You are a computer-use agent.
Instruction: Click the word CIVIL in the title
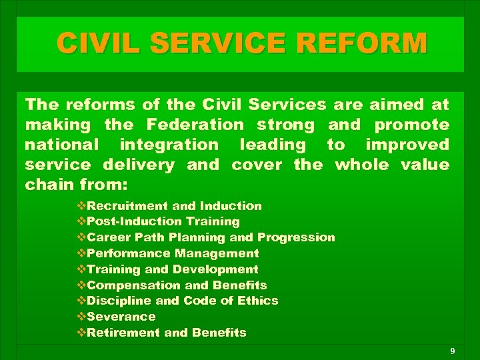point(101,43)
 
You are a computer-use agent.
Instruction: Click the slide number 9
point(452,351)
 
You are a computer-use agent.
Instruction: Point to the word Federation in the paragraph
point(196,125)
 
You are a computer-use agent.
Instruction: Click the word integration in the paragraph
point(169,144)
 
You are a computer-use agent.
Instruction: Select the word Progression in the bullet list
point(296,237)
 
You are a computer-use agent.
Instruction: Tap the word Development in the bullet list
point(215,269)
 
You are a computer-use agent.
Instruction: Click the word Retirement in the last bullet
point(122,333)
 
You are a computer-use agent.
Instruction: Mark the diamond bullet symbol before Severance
point(81,317)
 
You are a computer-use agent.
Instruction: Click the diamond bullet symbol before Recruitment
point(81,206)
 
